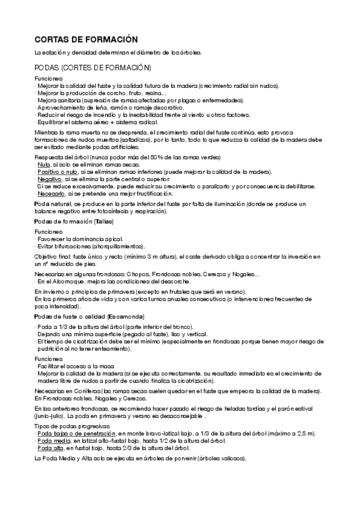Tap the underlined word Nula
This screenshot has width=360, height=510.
(x=43, y=164)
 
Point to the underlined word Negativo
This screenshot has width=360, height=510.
(x=50, y=179)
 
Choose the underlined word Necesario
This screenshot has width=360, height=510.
(x=51, y=194)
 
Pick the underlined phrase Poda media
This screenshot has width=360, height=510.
(x=53, y=440)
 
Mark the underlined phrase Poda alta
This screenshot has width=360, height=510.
(x=50, y=447)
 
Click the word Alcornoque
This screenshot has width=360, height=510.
(x=65, y=281)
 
